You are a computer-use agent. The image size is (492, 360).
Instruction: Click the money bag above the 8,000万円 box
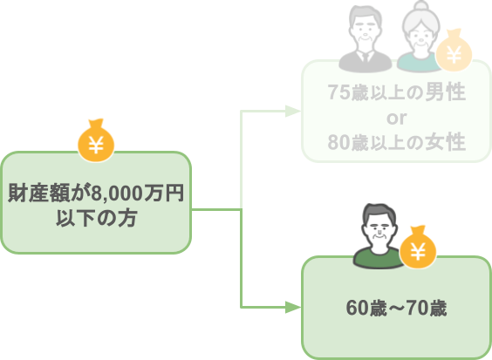coord(96,140)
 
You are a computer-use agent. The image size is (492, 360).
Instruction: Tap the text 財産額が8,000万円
coord(96,193)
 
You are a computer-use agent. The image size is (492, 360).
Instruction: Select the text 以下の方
coord(96,218)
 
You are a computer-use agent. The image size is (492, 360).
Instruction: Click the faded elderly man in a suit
coord(366,38)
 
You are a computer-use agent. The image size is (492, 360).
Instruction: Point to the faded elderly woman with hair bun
coord(420,37)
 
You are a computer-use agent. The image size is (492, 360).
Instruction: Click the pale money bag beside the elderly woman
coord(454,50)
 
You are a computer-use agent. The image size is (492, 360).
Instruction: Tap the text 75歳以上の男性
coord(397,92)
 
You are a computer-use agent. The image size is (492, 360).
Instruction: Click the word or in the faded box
coord(397,118)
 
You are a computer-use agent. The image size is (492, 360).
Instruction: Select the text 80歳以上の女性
coord(397,142)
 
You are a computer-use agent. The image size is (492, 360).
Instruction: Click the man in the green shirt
coord(379,236)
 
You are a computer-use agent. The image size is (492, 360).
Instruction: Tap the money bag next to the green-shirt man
coord(418,247)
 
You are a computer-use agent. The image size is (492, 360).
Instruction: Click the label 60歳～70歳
coord(396,308)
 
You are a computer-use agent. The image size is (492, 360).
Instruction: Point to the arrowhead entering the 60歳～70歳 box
coord(293,308)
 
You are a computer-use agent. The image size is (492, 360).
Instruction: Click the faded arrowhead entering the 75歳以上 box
coord(293,111)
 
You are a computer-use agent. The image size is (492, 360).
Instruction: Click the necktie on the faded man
coord(366,58)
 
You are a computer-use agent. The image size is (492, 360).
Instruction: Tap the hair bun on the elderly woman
coord(420,5)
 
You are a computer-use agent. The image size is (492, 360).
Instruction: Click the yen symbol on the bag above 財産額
coord(96,146)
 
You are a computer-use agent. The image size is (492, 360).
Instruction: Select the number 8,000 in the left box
coord(117,194)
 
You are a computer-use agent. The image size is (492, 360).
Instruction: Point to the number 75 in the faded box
coord(338,92)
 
